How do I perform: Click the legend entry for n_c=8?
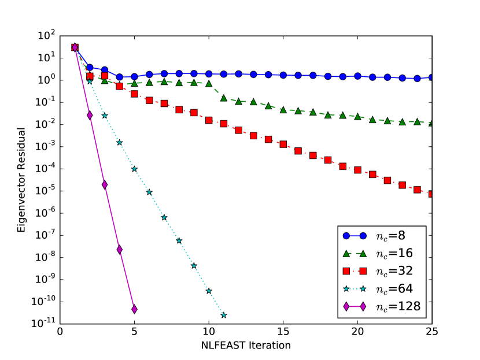(x=382, y=236)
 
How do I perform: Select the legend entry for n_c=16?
(x=382, y=254)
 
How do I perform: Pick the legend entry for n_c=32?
(x=382, y=272)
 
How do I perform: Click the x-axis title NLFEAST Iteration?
(x=246, y=346)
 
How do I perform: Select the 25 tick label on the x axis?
(x=432, y=332)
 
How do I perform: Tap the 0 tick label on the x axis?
(x=60, y=332)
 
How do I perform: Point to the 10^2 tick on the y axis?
(x=45, y=36)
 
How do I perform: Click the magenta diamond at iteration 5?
(x=134, y=309)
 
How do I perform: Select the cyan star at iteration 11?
(x=223, y=315)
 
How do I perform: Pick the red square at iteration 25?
(x=431, y=194)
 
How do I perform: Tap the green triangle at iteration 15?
(x=283, y=109)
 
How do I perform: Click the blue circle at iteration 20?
(x=357, y=76)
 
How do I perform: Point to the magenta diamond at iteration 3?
(x=105, y=185)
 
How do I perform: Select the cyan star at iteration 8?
(x=179, y=240)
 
